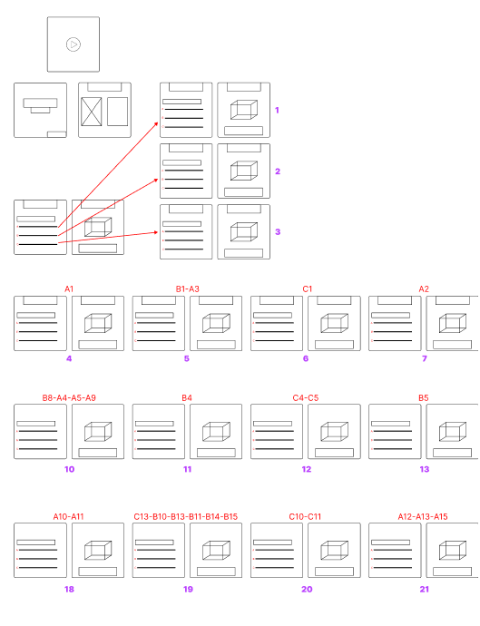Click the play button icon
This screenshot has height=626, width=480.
point(73,44)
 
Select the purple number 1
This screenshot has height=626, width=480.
point(277,110)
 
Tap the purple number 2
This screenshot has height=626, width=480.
point(278,171)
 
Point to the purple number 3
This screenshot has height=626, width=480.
point(278,232)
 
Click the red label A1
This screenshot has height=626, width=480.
point(69,289)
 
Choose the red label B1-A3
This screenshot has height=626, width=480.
point(187,289)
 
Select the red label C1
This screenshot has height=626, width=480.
point(307,289)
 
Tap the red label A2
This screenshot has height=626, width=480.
point(424,289)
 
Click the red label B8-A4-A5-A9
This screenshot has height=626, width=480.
point(69,397)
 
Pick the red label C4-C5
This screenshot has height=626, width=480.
point(306,397)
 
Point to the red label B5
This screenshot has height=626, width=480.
point(424,397)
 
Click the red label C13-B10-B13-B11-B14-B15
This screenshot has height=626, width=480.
point(186,516)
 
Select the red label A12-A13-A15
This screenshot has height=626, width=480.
point(423,516)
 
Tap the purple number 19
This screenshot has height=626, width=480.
point(188,590)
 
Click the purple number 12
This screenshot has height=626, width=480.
point(307,469)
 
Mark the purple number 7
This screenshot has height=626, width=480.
point(425,358)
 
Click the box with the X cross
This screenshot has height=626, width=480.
point(91,112)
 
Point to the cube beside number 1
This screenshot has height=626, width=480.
point(244,110)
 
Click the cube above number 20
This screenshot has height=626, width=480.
point(334,551)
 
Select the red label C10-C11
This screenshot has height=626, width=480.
point(305,516)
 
